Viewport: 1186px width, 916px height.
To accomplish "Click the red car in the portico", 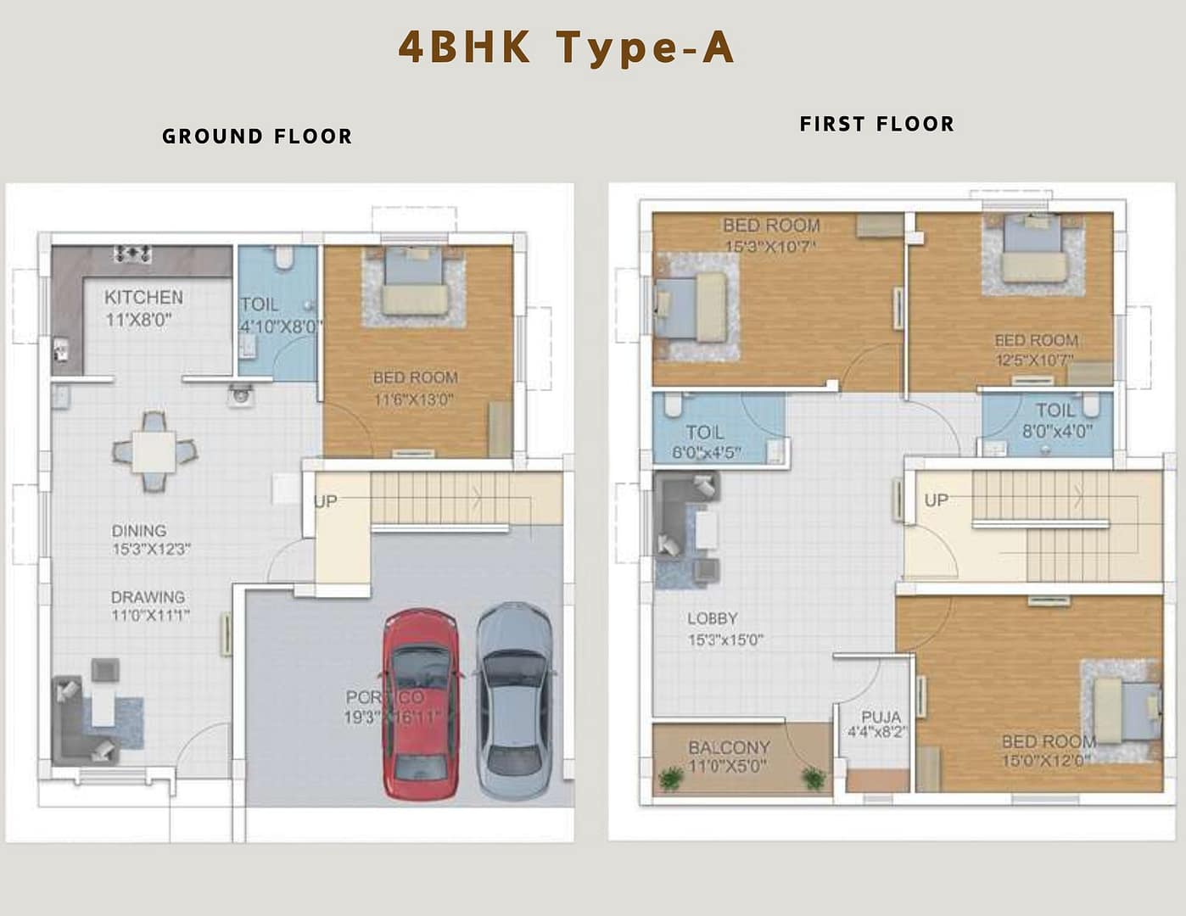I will point(421,704).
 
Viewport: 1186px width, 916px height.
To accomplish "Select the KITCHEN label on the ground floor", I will point(143,297).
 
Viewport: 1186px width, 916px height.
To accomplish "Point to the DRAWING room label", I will point(148,597).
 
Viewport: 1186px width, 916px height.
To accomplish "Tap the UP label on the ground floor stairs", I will point(326,501).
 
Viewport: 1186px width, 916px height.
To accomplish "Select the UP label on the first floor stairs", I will point(936,500).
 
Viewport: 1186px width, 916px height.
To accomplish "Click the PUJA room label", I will point(881,718).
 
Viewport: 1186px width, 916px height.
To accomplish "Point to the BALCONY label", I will point(729,747).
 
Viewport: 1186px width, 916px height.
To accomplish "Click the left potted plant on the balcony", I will point(670,777).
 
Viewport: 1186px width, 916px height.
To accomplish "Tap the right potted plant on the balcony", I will point(814,777).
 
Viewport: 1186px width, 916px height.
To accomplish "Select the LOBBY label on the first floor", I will point(712,618).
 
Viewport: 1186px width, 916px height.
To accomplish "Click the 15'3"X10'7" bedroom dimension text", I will point(769,247).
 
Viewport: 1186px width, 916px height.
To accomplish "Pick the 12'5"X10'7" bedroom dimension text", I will point(1034,360).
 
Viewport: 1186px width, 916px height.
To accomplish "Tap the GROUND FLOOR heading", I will point(257,137).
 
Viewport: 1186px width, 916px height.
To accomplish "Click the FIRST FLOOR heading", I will point(876,124).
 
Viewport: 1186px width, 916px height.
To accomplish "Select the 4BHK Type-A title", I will point(566,47).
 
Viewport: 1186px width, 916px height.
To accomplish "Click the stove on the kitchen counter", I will point(133,253).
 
